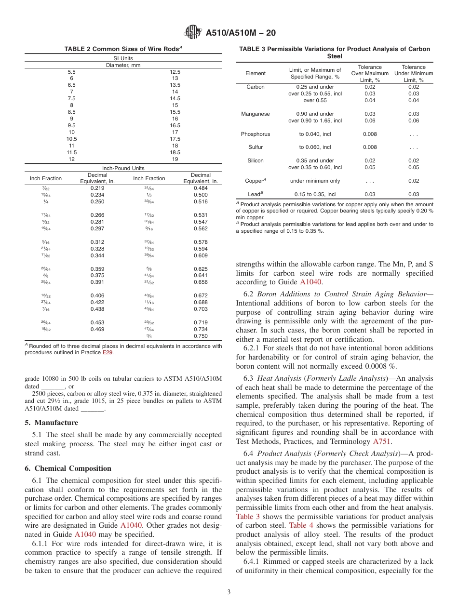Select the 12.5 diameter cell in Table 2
[175, 71]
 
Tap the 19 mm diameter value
[175, 159]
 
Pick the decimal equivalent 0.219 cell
[97, 188]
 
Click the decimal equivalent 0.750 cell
[201, 336]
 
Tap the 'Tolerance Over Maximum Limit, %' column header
[370, 74]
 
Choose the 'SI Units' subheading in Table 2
[123, 58]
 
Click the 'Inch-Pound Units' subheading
[123, 168]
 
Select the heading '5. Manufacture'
[51, 423]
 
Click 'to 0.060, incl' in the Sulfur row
[315, 147]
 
